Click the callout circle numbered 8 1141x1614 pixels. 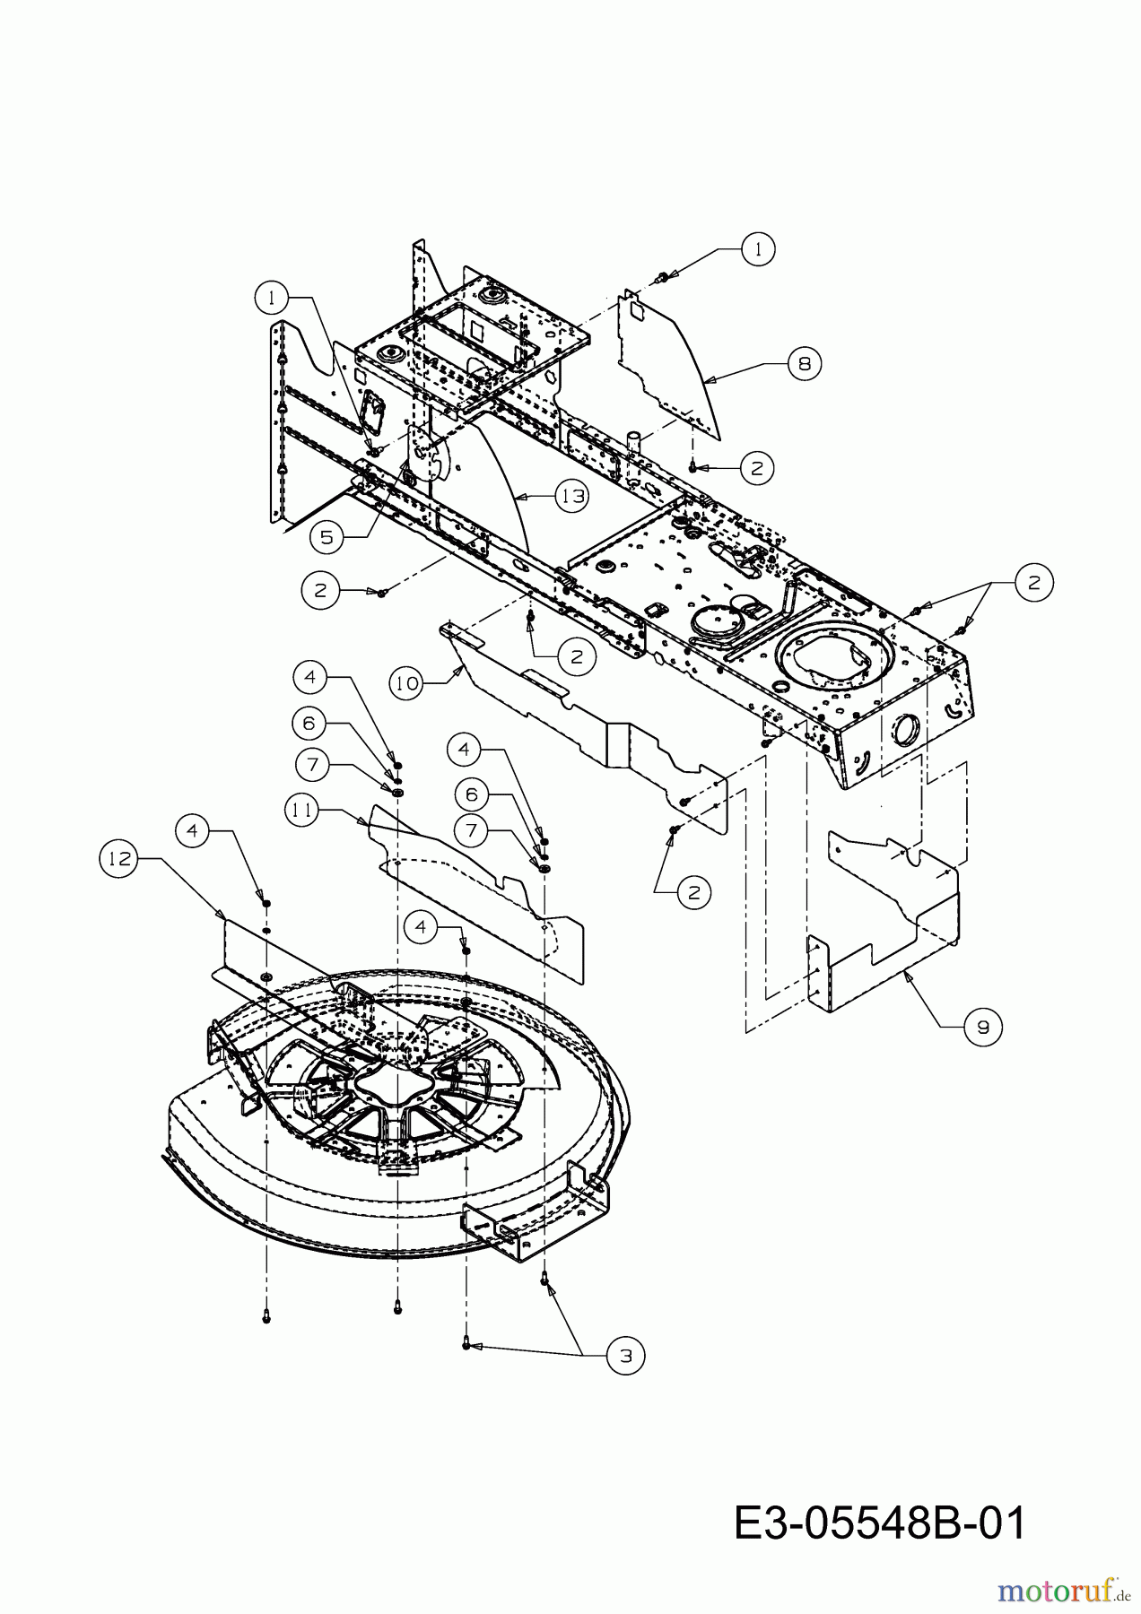(x=804, y=364)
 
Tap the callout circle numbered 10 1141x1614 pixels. (x=407, y=683)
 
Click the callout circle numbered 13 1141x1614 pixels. (x=571, y=496)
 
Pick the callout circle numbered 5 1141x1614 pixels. (x=327, y=536)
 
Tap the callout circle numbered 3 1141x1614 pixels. (x=625, y=1357)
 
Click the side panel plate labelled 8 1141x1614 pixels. (x=668, y=359)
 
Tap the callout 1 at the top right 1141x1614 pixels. (x=758, y=249)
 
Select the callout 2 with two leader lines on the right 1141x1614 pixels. (x=1034, y=583)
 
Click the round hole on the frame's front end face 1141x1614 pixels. (x=901, y=729)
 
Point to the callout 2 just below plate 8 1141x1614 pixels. (x=757, y=467)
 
